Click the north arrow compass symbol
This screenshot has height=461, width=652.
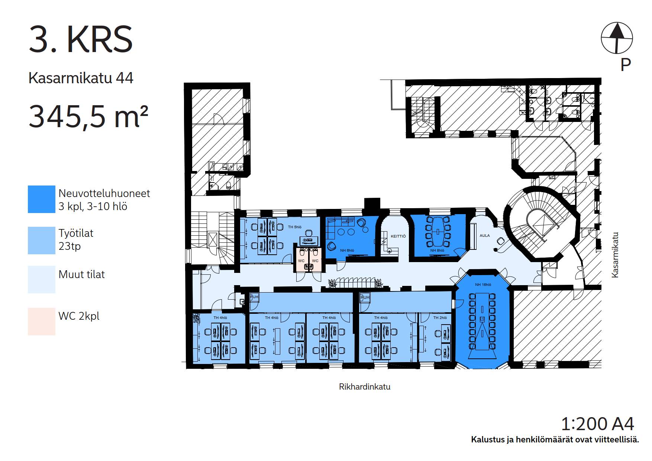pos(617,38)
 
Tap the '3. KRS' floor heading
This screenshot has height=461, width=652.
pos(81,39)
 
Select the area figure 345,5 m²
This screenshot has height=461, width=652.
pos(88,116)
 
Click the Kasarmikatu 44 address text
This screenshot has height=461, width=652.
pos(81,78)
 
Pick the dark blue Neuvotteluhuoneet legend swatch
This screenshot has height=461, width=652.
pos(42,199)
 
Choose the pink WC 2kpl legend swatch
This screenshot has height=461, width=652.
pos(42,322)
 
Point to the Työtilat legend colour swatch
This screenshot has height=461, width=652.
pos(42,241)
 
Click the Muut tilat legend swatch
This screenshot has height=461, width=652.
pos(42,280)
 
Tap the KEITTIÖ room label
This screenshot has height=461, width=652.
pos(398,236)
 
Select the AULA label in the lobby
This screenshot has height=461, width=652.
pos(485,235)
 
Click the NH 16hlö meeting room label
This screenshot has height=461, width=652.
pos(483,284)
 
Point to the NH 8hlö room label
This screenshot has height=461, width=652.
pos(437,251)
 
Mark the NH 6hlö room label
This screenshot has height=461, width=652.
pos(347,251)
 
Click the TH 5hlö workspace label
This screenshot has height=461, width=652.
pos(295,227)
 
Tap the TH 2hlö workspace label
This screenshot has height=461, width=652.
pos(440,318)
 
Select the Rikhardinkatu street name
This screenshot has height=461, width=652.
pos(365,387)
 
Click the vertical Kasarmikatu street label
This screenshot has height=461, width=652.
pos(615,255)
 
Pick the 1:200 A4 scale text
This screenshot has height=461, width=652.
pos(597,423)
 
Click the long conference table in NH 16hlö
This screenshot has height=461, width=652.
pos(482,321)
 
